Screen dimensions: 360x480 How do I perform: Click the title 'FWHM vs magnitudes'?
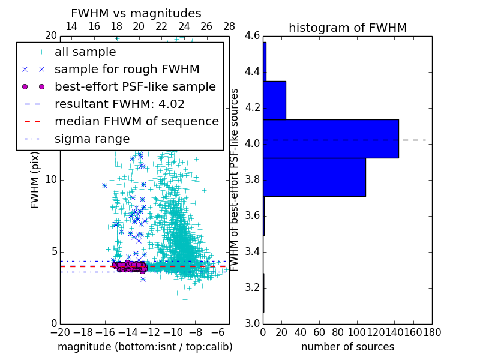(136, 13)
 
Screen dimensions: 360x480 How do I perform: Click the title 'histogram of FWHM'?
(348, 28)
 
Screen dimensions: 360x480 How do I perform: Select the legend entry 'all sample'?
(85, 52)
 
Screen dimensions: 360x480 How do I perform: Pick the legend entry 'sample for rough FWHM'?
(127, 69)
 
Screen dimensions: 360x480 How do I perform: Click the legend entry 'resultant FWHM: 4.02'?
(119, 104)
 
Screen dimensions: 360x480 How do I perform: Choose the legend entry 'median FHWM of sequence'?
(136, 121)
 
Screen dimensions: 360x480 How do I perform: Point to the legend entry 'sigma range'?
(92, 139)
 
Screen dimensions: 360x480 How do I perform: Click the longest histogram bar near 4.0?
(331, 139)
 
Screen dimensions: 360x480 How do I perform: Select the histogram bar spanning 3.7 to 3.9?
(314, 177)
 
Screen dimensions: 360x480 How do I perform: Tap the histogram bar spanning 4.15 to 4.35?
(274, 100)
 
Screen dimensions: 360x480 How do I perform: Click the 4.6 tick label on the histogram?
(252, 36)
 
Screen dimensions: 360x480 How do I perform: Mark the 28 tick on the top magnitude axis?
(229, 26)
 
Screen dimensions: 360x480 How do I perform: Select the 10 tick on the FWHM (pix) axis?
(51, 180)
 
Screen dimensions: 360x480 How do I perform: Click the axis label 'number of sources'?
(347, 347)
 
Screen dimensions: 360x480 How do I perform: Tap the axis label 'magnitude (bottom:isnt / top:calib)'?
(145, 347)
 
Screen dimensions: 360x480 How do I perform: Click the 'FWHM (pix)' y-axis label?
(35, 180)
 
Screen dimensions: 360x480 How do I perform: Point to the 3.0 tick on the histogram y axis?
(252, 323)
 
